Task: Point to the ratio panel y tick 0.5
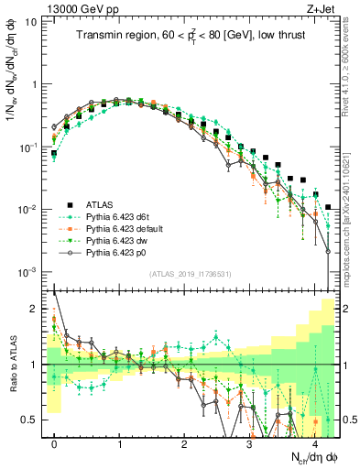pos(32,420)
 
